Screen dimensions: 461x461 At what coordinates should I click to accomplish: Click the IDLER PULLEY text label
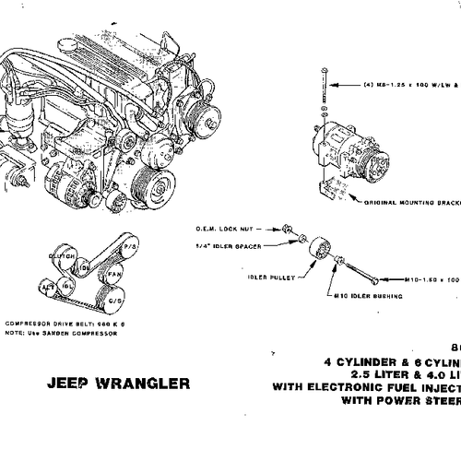pos(267,274)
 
